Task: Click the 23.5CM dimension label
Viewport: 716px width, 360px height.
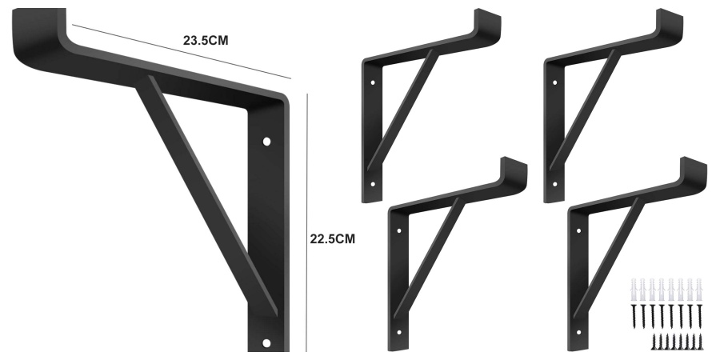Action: [206, 41]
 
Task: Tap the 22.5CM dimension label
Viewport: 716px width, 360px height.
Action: [333, 239]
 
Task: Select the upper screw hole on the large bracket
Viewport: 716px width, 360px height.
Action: [266, 142]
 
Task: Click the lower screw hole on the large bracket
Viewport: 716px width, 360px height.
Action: [266, 343]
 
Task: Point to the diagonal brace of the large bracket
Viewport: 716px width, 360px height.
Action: [206, 194]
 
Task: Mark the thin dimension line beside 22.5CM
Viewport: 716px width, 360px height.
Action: [307, 222]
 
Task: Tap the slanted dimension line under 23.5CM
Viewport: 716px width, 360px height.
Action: [182, 52]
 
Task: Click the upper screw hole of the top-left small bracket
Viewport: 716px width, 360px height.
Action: [373, 82]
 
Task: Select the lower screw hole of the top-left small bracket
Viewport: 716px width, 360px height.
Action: [373, 185]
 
